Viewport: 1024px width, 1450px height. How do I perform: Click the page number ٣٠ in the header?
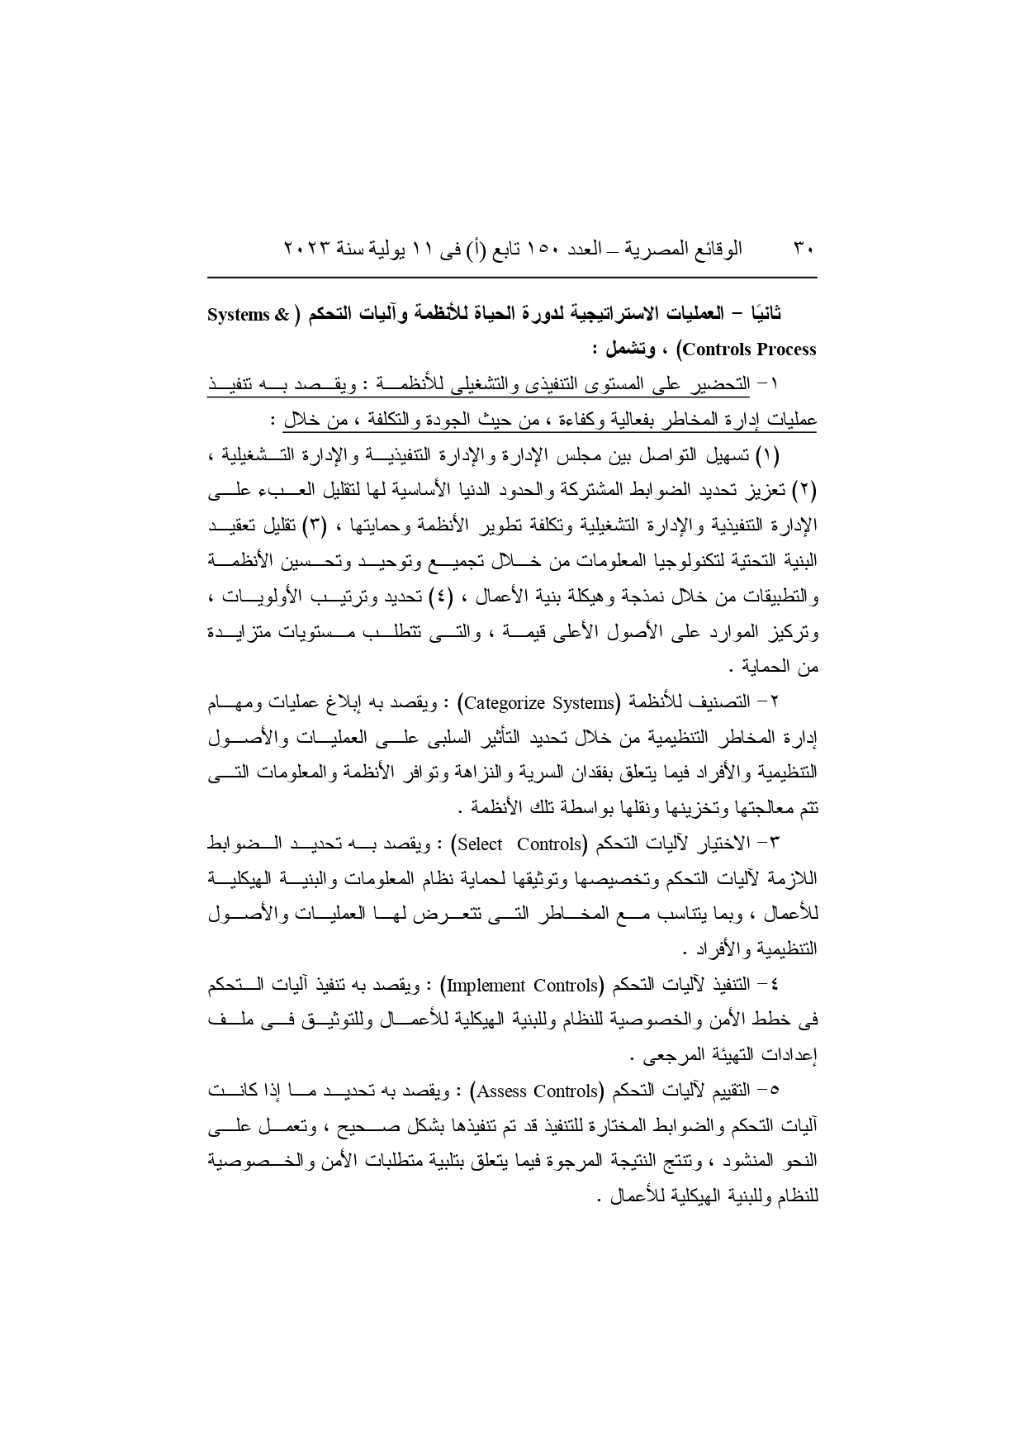click(x=804, y=249)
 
